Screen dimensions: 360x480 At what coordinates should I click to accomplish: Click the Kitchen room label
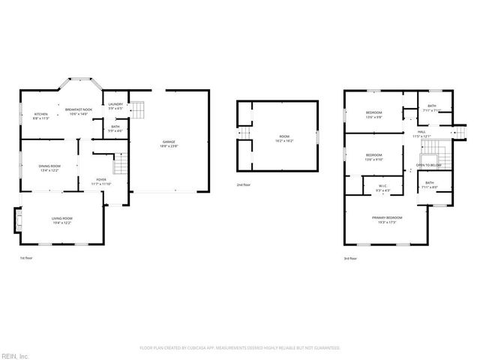pos(40,116)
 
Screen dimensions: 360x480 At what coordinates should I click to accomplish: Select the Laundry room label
pos(115,106)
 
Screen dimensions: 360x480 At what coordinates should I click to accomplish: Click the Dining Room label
pos(50,167)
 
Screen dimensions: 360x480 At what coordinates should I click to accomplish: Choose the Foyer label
pos(100,181)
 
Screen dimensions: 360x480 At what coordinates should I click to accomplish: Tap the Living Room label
pos(62,220)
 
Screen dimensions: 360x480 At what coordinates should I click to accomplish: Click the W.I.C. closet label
pos(382,188)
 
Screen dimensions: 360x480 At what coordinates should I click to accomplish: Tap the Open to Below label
pos(429,165)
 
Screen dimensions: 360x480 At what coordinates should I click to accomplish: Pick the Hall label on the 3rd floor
pos(421,134)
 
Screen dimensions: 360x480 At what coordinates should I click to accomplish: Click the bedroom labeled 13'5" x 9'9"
pos(373,115)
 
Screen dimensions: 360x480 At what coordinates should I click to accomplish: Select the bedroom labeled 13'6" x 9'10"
pos(373,157)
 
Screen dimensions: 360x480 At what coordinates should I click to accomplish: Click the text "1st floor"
pos(27,257)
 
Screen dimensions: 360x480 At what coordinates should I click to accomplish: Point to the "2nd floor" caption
pos(243,184)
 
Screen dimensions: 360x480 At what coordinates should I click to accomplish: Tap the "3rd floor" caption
pos(351,257)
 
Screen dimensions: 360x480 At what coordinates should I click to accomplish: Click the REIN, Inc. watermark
pos(16,355)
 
